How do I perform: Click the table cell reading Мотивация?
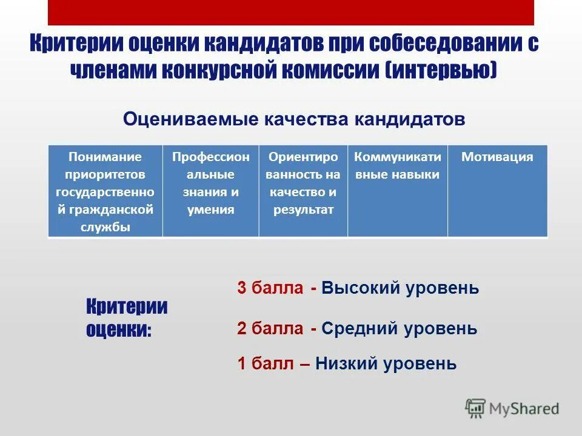[497, 190]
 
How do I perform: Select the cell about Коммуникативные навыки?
[397, 190]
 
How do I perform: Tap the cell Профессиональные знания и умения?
[210, 190]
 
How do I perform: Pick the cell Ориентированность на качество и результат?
[303, 190]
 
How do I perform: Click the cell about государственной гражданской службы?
[105, 190]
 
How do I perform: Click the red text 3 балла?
[270, 288]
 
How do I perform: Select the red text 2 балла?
[270, 329]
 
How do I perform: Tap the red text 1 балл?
[265, 364]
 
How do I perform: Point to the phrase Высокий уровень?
[400, 288]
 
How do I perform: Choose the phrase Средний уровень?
[399, 329]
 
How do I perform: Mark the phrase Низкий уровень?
[386, 364]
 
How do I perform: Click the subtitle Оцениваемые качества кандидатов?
[294, 119]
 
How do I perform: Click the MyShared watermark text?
[524, 409]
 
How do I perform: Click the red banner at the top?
[290, 12]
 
